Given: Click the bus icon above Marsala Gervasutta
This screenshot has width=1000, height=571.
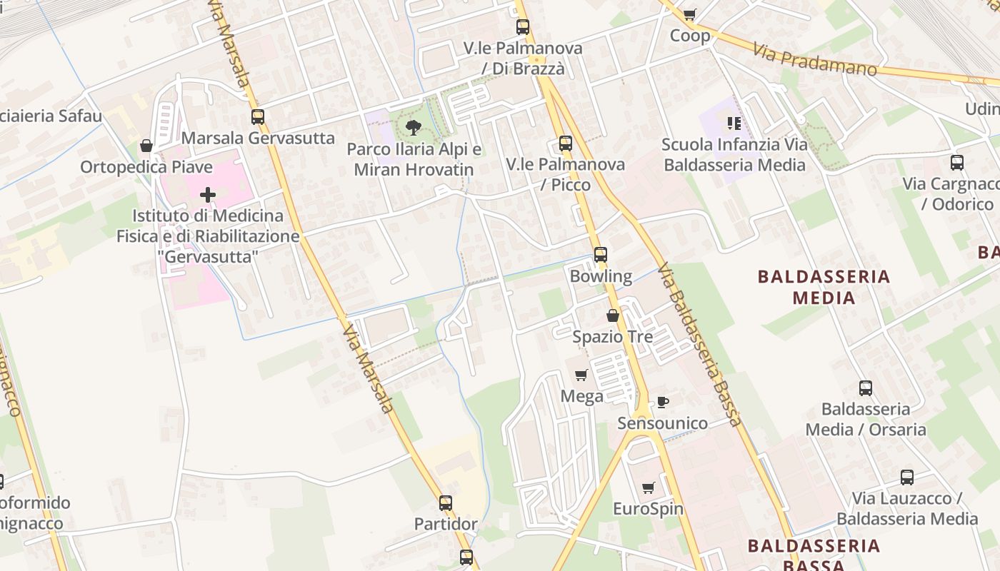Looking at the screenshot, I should coord(258,117).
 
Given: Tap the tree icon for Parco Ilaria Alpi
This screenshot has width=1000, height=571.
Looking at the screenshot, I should coord(413,128).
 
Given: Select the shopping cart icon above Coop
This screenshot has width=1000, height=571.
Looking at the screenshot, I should coord(689,14).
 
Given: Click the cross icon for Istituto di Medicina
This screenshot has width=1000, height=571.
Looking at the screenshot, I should coord(208,194).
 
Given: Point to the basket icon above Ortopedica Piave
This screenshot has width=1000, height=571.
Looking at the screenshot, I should coord(146,146).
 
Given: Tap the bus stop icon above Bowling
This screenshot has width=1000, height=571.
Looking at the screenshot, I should coord(601,255).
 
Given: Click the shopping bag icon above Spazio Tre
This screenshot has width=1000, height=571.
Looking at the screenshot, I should coord(613,315).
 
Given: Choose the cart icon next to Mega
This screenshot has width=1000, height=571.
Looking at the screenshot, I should coord(581,375).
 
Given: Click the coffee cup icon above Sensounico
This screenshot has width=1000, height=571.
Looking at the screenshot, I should coord(663,403).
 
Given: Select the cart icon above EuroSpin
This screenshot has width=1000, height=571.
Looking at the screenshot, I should coord(648,488).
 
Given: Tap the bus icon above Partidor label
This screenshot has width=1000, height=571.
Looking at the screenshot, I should coord(446,503).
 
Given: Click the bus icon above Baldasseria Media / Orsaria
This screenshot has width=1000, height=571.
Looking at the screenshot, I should coord(866,388).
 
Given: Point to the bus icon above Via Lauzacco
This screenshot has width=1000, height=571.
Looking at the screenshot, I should coord(907,477).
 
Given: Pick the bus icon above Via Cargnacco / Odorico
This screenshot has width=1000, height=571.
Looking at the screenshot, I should coord(957,163).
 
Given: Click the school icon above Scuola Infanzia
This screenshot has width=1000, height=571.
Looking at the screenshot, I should coord(734,123).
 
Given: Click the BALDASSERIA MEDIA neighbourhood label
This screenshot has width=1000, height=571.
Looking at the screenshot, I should coord(824,287).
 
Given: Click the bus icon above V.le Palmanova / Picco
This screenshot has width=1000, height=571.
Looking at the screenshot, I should coord(566,143).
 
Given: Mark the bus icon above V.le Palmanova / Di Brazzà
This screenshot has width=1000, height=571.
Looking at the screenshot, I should coord(523,27).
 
